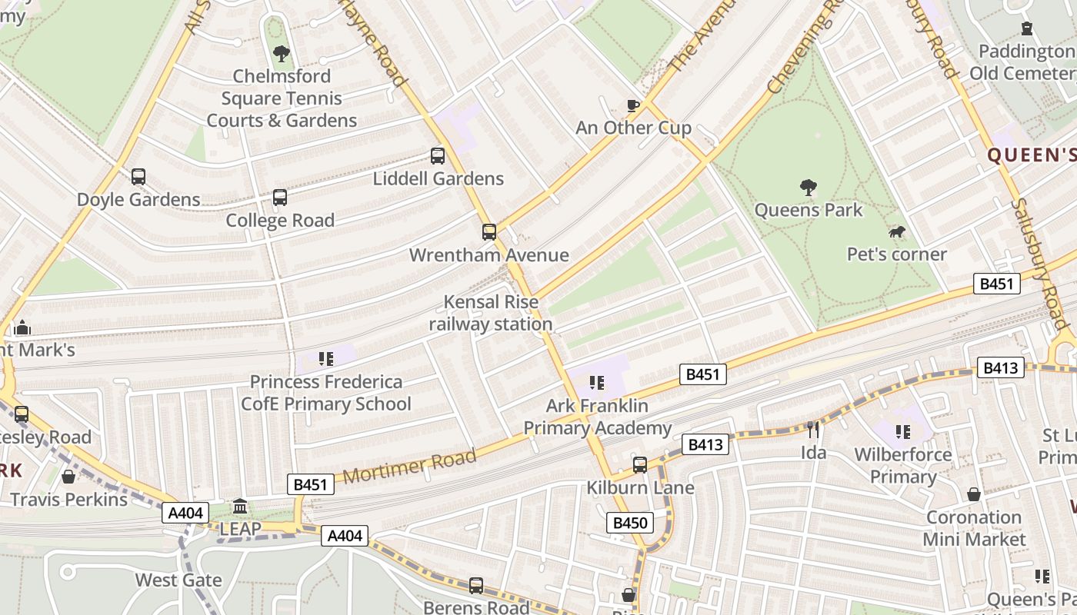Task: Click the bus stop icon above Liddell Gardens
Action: coord(438,156)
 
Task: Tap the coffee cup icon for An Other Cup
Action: coord(633,105)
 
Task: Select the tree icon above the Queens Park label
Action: coord(808,187)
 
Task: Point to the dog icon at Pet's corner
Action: coord(896,231)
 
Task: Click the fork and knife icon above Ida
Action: coord(813,429)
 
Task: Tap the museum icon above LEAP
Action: coord(240,507)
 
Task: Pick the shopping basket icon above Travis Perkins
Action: coord(68,477)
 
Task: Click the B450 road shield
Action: coord(631,524)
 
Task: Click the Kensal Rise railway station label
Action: coord(491,313)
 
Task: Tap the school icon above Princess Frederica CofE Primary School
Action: coord(325,358)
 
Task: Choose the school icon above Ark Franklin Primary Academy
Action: coord(596,382)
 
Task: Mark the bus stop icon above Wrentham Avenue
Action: coord(489,232)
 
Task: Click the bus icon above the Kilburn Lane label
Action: coord(640,465)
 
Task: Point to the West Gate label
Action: coord(178,580)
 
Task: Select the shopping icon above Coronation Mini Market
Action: coord(974,494)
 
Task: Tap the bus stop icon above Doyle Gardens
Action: coord(138,177)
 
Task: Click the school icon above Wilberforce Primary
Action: coord(902,432)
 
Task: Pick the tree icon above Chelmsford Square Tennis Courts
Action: coord(282,54)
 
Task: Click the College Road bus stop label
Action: coord(280,221)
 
